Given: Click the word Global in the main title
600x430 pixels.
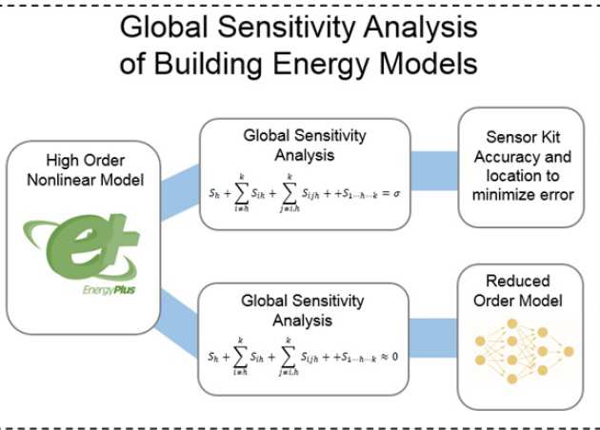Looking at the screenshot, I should pos(169,28).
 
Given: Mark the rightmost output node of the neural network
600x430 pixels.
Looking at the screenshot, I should pos(569,351).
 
